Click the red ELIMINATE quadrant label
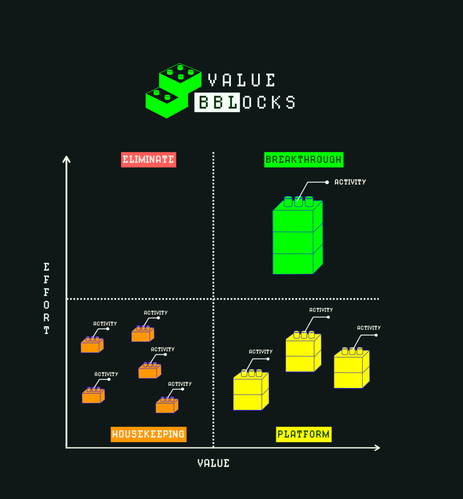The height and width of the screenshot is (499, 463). pos(148,160)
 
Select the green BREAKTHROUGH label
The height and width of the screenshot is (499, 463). pos(304,160)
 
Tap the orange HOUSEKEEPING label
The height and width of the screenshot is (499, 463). pos(148,434)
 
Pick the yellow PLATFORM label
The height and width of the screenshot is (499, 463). pos(303,434)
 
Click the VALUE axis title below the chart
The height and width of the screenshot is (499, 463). pos(213,463)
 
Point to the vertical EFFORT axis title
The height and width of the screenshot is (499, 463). pos(46,298)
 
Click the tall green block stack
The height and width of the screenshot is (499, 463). pos(297,238)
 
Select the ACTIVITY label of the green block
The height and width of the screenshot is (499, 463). pos(350,182)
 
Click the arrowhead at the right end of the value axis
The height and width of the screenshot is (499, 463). pos(378,448)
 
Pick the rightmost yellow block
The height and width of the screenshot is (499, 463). pos(351,369)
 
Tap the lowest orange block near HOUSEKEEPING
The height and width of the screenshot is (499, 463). pos(167,405)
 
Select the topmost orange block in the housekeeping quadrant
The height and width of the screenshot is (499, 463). pos(143,334)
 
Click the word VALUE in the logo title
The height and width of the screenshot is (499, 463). pos(242,80)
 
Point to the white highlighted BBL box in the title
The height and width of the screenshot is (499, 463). pos(217,102)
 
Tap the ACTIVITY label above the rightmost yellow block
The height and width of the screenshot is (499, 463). pos(369,328)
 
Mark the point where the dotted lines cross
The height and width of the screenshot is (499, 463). pos(213,298)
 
